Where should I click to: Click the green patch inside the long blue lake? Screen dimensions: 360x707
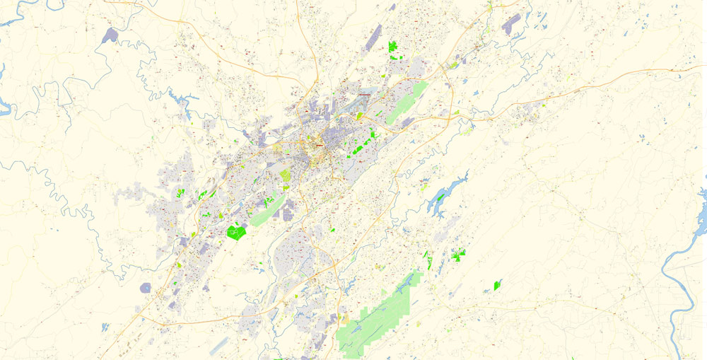coord(439,197)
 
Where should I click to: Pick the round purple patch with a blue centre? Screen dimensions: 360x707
coord(146,288)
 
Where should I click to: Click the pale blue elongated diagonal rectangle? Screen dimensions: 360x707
coord(219,345)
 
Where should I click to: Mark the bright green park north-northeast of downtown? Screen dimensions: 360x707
coord(393,47)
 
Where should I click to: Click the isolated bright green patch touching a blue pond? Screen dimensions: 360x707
coord(497,285)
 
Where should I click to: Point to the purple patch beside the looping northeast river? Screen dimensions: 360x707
coord(510,22)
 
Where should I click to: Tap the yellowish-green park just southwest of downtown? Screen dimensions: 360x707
coord(285,175)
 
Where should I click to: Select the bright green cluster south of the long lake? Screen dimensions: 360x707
coord(459,255)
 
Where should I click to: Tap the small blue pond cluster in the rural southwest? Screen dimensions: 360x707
coord(105,327)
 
